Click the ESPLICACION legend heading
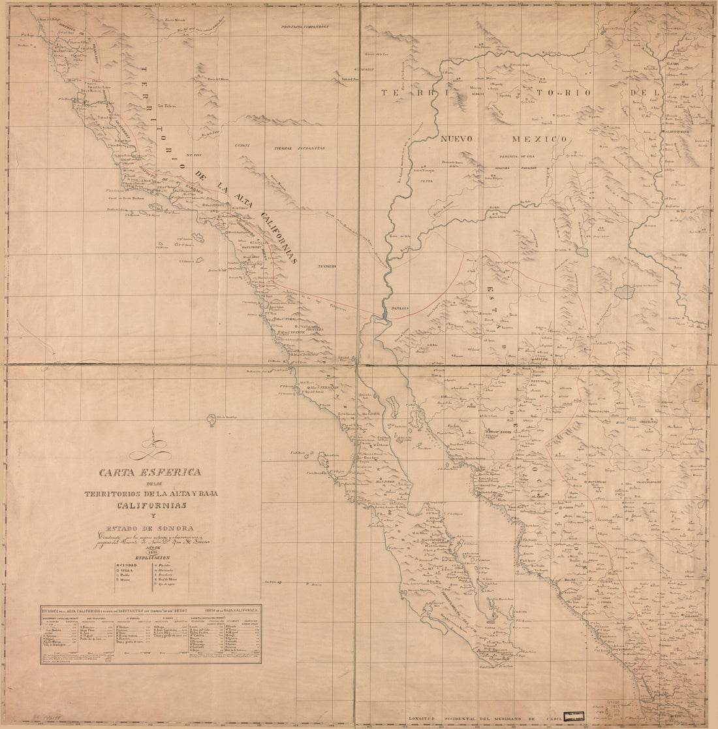pyautogui.click(x=155, y=557)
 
